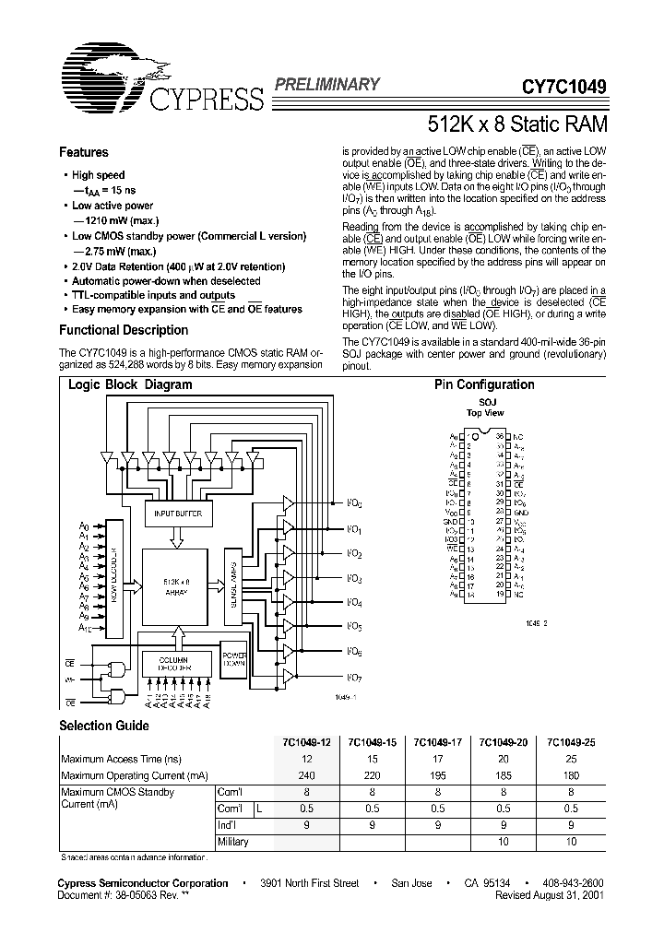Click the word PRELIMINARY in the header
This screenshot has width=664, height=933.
pyautogui.click(x=326, y=85)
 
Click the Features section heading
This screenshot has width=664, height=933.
pyautogui.click(x=83, y=153)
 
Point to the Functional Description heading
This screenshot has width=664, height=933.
pyautogui.click(x=124, y=330)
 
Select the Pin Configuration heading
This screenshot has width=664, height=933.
pyautogui.click(x=484, y=385)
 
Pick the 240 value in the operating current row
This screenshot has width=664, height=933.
pyautogui.click(x=306, y=775)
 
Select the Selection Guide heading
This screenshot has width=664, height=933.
pyautogui.click(x=103, y=726)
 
